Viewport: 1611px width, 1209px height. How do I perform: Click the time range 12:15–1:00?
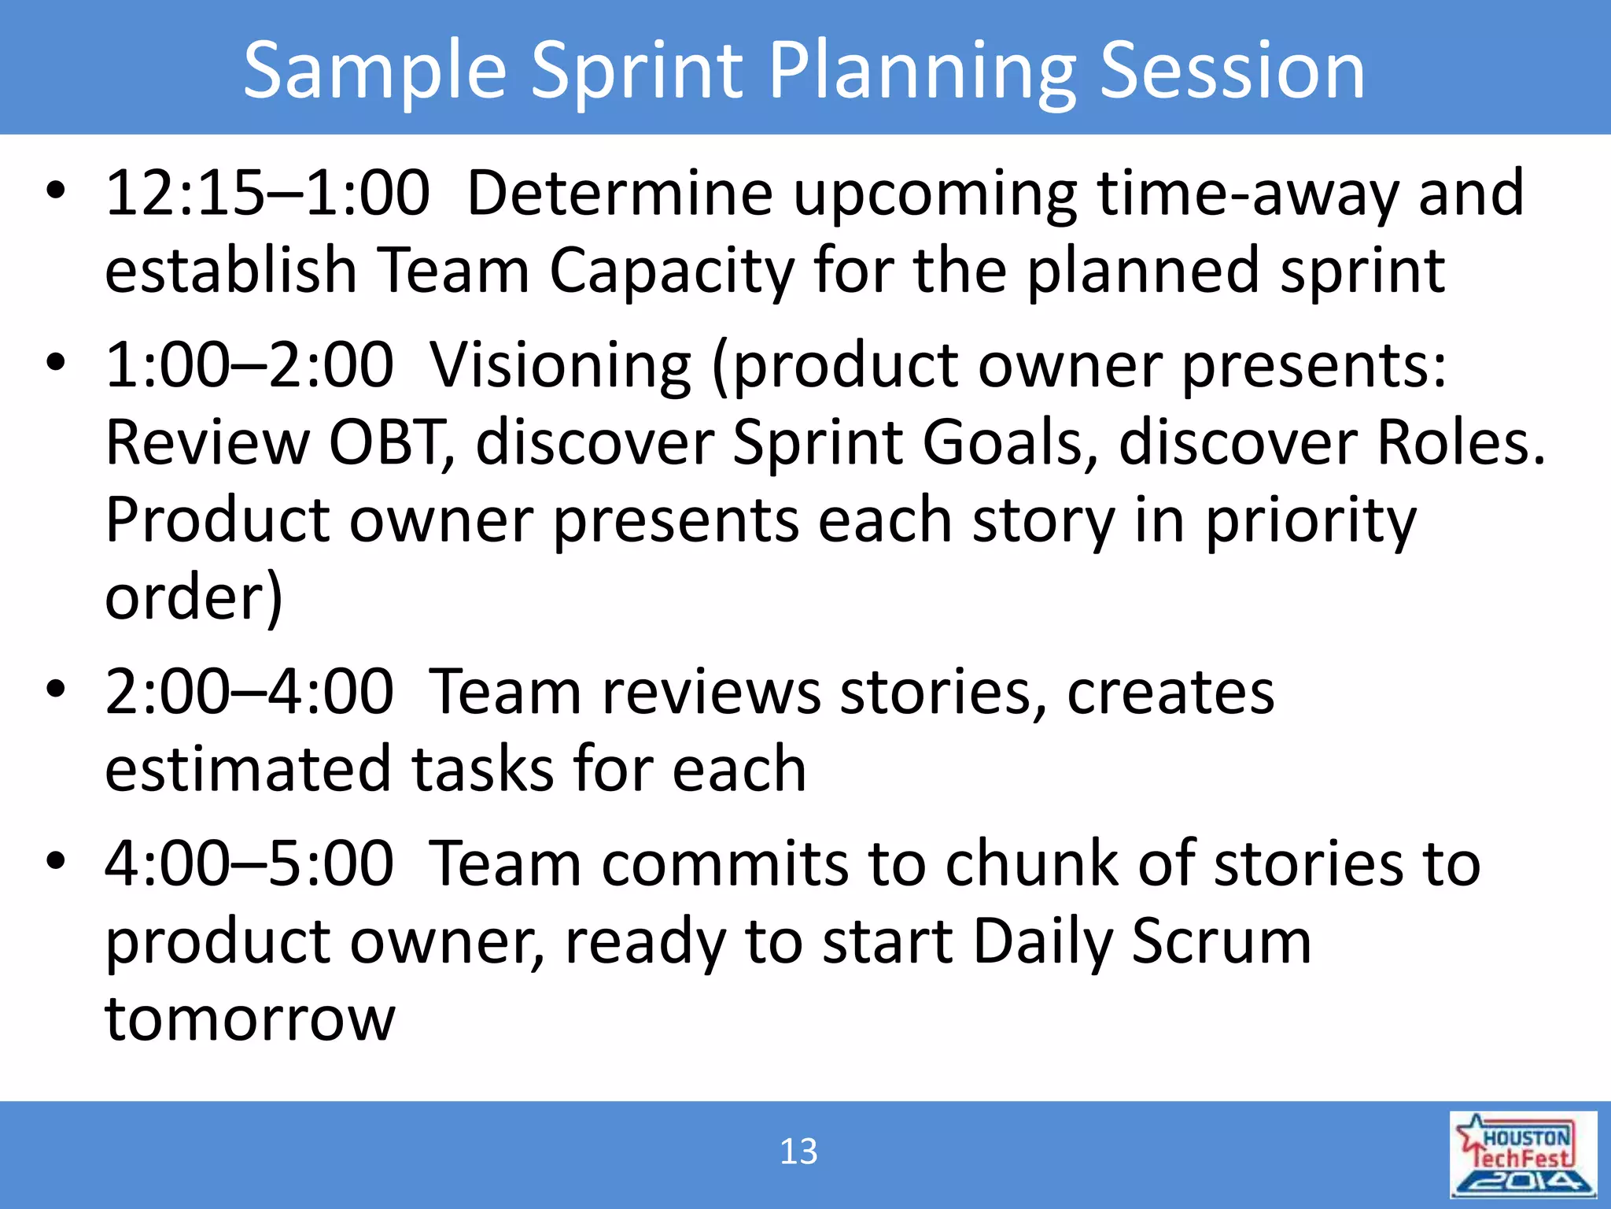click(x=267, y=194)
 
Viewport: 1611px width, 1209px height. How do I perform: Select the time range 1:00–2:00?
click(x=249, y=365)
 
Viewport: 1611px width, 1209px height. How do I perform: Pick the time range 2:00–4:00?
click(x=249, y=692)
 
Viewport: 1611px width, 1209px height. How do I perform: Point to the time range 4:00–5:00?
click(x=249, y=864)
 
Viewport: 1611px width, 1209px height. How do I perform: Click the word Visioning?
click(x=561, y=367)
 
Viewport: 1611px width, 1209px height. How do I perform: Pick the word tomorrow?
click(x=250, y=1019)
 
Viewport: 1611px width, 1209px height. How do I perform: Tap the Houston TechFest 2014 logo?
click(x=1523, y=1155)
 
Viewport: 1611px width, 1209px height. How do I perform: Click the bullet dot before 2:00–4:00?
click(x=55, y=689)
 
